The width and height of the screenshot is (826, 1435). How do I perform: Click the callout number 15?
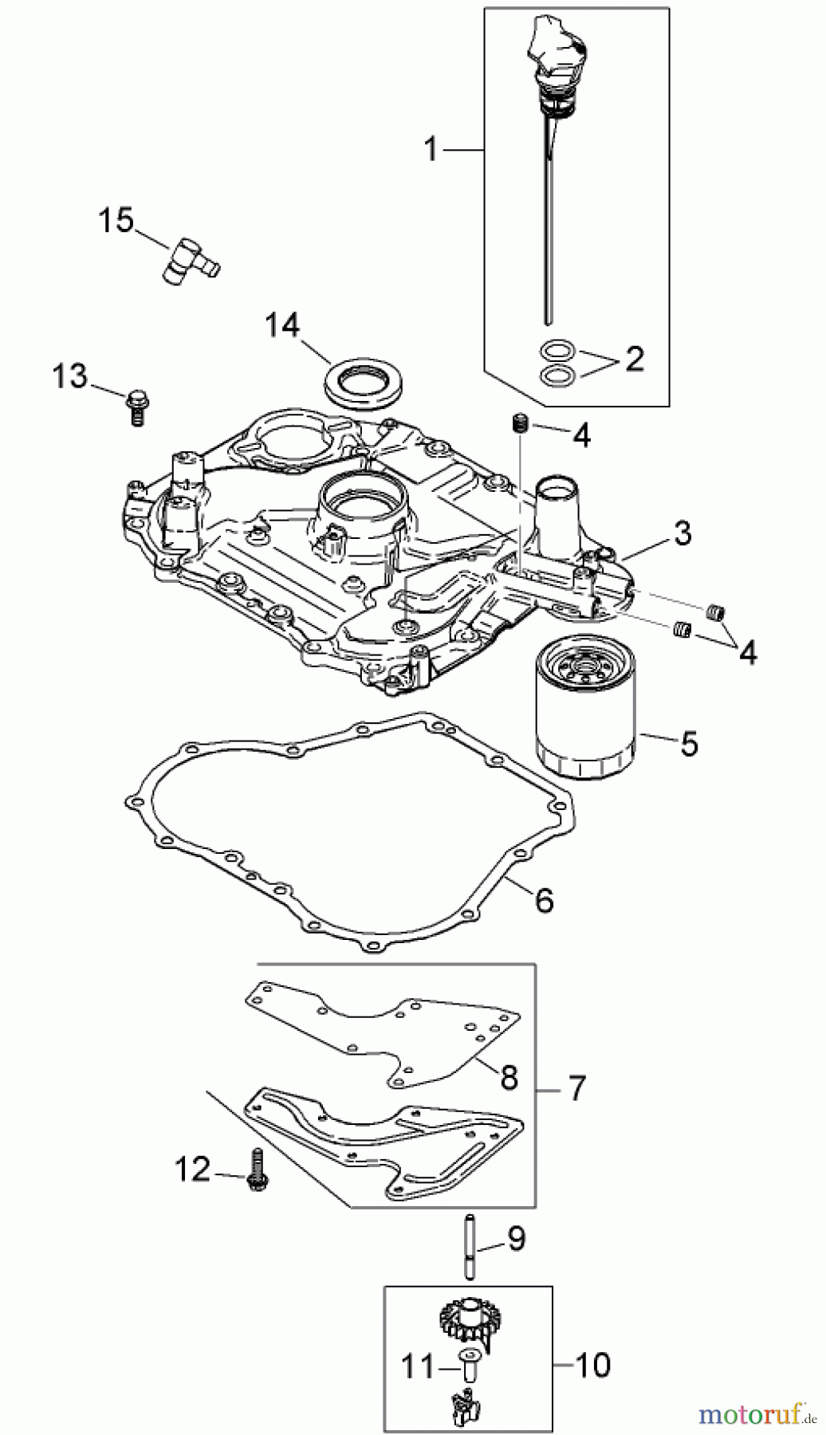[x=116, y=220]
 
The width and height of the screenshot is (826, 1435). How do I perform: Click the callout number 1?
[x=431, y=148]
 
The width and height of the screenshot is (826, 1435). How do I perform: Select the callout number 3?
[x=682, y=533]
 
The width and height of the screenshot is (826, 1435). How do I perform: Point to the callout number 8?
[x=509, y=1077]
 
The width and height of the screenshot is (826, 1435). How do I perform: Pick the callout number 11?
[x=418, y=1366]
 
